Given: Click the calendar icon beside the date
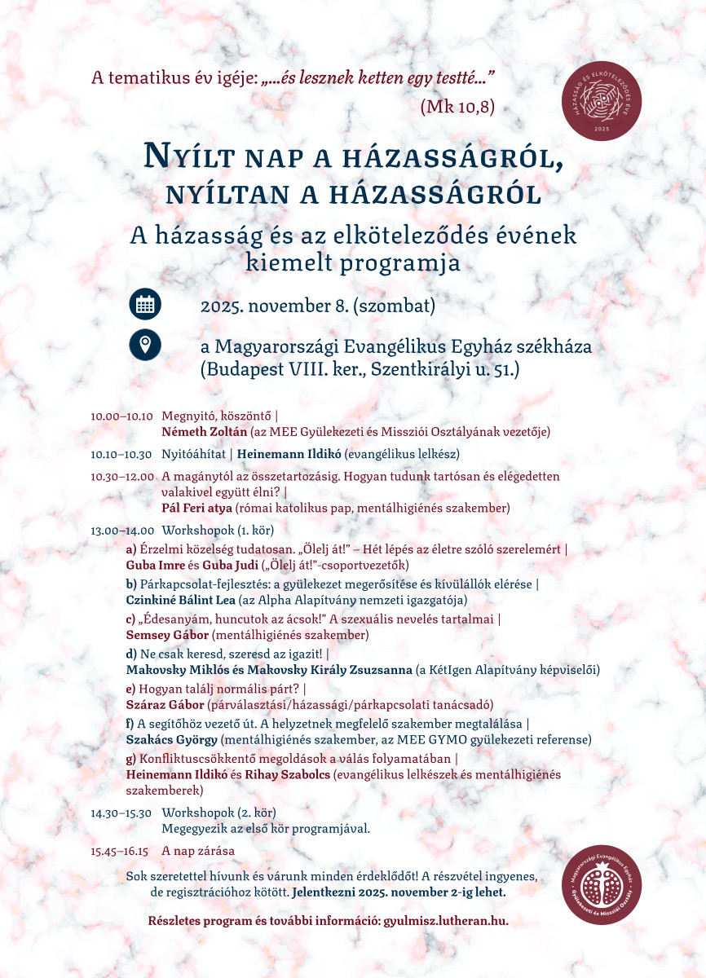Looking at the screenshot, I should click(x=145, y=305).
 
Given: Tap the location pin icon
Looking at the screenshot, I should click(x=145, y=344).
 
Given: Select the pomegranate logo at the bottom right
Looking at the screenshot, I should click(x=602, y=884).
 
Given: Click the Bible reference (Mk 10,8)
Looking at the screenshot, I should click(x=457, y=106).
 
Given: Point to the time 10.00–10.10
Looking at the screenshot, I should click(x=122, y=416).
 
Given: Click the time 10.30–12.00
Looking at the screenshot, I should click(x=122, y=476).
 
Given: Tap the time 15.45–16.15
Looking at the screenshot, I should click(x=120, y=851).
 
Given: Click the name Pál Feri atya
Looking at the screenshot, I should click(x=197, y=508).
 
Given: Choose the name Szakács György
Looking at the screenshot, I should click(x=172, y=739).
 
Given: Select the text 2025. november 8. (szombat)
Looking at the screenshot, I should click(x=318, y=306).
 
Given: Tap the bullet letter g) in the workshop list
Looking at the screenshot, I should click(x=131, y=759).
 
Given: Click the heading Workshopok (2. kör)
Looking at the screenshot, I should click(x=218, y=813).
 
